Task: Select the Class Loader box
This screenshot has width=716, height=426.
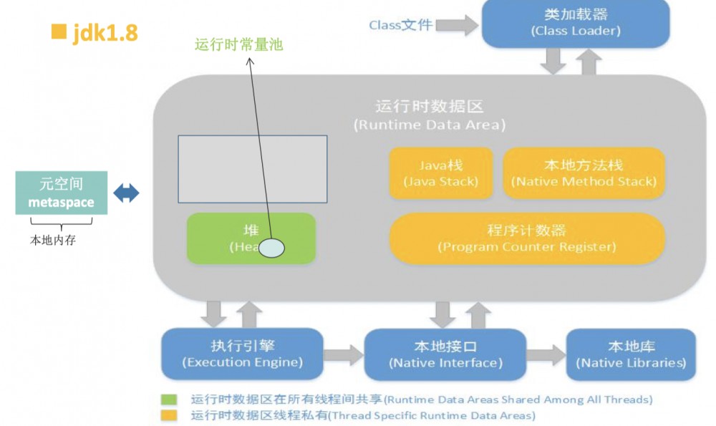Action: pyautogui.click(x=576, y=23)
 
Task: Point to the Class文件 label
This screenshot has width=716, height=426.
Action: pyautogui.click(x=400, y=25)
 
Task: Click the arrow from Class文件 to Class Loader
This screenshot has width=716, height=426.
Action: pyautogui.click(x=457, y=25)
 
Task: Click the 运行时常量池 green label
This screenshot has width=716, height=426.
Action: pyautogui.click(x=239, y=44)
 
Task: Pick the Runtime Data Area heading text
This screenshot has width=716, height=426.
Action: pyautogui.click(x=429, y=115)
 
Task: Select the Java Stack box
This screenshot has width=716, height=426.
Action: pyautogui.click(x=440, y=173)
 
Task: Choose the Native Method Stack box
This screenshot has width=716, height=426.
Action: pyautogui.click(x=584, y=173)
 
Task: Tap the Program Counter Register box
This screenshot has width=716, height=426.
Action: pyautogui.click(x=526, y=238)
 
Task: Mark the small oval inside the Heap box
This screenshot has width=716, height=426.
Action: pyautogui.click(x=271, y=248)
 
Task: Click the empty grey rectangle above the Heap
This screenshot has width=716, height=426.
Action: pyautogui.click(x=253, y=168)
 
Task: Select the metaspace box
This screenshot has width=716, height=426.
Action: pyautogui.click(x=62, y=193)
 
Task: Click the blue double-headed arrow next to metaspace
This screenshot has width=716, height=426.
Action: pyautogui.click(x=126, y=193)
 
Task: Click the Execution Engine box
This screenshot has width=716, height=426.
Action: pyautogui.click(x=243, y=354)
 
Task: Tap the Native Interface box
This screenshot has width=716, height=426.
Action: pyautogui.click(x=445, y=354)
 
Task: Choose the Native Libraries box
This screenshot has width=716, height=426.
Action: pyautogui.click(x=631, y=354)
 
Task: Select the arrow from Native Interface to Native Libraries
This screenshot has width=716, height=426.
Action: pyautogui.click(x=546, y=354)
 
